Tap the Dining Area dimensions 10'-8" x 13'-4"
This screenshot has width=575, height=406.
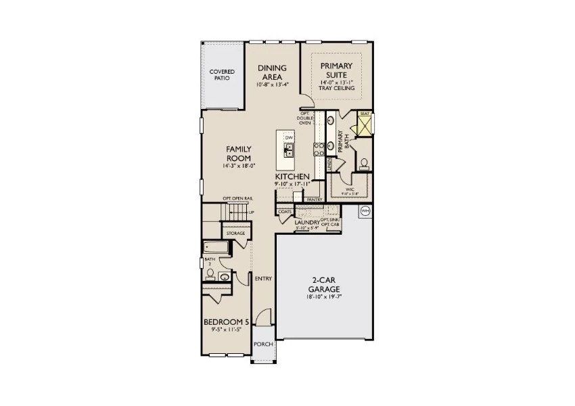pos(272,85)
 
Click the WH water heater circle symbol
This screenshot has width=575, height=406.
pos(365,211)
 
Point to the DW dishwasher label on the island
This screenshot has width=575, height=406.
pos(289,137)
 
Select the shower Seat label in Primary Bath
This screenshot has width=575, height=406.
pos(365,114)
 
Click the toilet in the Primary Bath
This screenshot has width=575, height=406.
pos(365,163)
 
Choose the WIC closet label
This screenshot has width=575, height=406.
pos(350,189)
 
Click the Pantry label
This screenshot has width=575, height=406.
pos(313,200)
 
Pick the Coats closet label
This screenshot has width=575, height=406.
pos(285,211)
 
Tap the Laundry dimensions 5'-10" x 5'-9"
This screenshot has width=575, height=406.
pos(306,229)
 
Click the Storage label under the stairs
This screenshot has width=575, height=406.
pos(235,233)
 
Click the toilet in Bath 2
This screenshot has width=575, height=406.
pos(211,274)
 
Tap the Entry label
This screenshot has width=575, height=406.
pos(262,278)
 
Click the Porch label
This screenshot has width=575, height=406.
pos(263,344)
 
